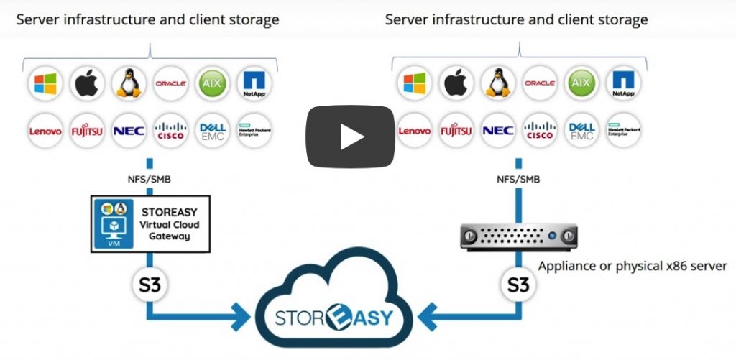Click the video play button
(352, 137)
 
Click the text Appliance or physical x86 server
(632, 266)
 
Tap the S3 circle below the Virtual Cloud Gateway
(149, 285)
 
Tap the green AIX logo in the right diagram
(581, 83)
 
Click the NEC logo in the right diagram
(497, 131)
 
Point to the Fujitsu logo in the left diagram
(87, 131)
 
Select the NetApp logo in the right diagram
(623, 83)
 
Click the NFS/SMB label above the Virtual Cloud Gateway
(149, 180)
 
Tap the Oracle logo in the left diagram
(170, 83)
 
